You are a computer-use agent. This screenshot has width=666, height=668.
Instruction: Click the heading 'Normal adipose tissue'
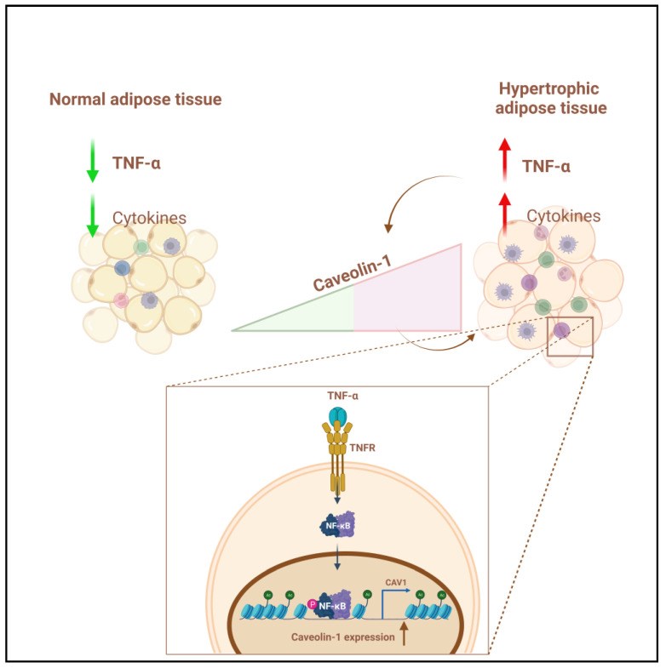pos(135,100)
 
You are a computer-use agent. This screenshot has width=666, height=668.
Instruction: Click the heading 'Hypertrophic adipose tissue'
pos(550,99)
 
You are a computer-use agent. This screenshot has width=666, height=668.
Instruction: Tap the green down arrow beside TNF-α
pos(93,161)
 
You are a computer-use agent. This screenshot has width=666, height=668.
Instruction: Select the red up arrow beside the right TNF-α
pos(505,160)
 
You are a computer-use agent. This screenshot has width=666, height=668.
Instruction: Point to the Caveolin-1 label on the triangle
pos(353,272)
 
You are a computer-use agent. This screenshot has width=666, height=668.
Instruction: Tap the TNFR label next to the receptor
pos(363,448)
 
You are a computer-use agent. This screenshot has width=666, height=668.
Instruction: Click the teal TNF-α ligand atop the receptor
pos(338,414)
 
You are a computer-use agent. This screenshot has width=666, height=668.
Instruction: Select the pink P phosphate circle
pos(312,604)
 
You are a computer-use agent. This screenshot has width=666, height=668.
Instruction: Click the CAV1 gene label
pos(396,582)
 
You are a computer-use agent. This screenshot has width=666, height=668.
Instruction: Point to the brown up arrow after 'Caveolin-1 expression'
pos(404,633)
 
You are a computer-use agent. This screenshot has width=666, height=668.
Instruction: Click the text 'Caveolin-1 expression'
pos(343,637)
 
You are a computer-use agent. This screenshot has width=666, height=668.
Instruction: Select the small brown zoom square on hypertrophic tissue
pos(570,337)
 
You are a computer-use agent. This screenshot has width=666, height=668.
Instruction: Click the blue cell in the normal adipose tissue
pos(122,268)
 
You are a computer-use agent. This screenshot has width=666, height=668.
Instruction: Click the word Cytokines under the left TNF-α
pos(149,218)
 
